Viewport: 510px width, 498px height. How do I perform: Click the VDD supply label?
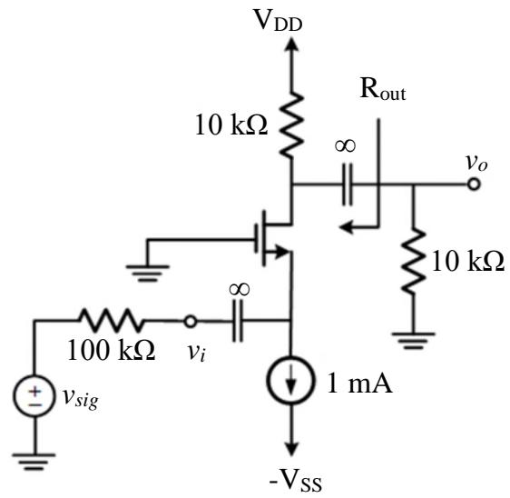pyautogui.click(x=278, y=21)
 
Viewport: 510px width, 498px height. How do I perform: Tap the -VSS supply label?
pyautogui.click(x=295, y=481)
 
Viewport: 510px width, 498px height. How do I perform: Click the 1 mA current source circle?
pyautogui.click(x=291, y=381)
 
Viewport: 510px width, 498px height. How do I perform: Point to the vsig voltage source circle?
pyautogui.click(x=34, y=395)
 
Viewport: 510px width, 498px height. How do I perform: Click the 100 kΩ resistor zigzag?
pyautogui.click(x=112, y=321)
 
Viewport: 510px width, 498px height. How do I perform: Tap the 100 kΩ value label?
pyautogui.click(x=111, y=350)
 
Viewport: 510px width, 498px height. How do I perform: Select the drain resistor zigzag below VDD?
pyautogui.click(x=292, y=124)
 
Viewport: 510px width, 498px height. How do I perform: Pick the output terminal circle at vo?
pyautogui.click(x=474, y=184)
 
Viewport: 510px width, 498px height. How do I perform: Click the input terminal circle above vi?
pyautogui.click(x=190, y=322)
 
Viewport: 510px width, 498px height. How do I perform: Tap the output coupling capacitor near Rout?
pyautogui.click(x=348, y=184)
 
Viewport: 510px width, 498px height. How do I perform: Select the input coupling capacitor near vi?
pyautogui.click(x=238, y=321)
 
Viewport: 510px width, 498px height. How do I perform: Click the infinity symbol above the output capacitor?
pyautogui.click(x=345, y=145)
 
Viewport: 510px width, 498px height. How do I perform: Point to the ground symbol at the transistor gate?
pyautogui.click(x=147, y=273)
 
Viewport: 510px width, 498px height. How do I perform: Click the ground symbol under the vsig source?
pyautogui.click(x=34, y=462)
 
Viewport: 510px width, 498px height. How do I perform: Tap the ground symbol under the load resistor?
pyautogui.click(x=414, y=341)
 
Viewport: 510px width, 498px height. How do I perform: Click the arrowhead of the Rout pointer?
pyautogui.click(x=346, y=226)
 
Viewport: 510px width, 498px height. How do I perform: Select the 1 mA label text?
pyautogui.click(x=359, y=383)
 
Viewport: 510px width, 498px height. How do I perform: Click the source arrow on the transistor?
pyautogui.click(x=281, y=252)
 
